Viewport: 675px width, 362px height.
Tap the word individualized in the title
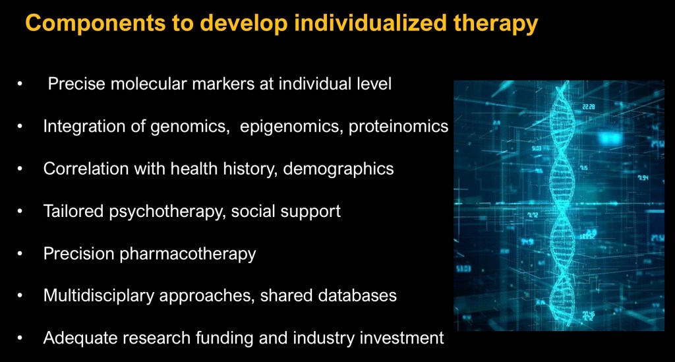click(370, 22)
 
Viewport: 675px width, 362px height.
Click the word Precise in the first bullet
click(76, 84)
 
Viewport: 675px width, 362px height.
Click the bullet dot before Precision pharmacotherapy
click(20, 253)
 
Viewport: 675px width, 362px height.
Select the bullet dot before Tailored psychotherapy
click(20, 212)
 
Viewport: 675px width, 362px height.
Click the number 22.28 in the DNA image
click(589, 106)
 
